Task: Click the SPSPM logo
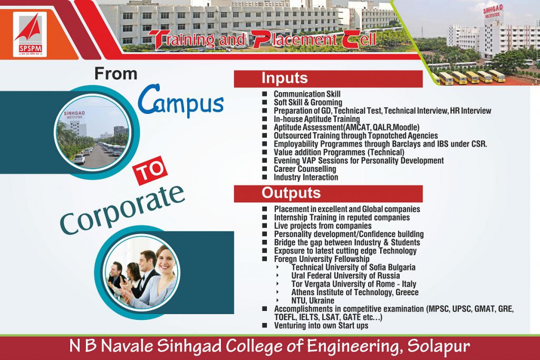tap(30, 34)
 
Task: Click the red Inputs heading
tap(328, 79)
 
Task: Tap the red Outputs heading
tap(328, 193)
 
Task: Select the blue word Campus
tap(181, 101)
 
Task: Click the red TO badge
tap(150, 170)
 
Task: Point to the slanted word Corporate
tap(122, 210)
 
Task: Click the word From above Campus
tap(116, 74)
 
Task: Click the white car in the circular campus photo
tap(79, 158)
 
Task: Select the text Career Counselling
tap(305, 169)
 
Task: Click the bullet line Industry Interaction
tap(306, 177)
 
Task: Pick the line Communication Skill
tap(307, 94)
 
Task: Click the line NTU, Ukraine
tap(312, 300)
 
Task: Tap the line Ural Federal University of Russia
tap(345, 276)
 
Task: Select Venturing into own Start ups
tap(321, 326)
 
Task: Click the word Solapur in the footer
tap(439, 346)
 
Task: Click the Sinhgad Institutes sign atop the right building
tap(493, 13)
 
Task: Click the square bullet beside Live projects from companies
tap(265, 226)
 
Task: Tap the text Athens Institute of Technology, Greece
tap(355, 292)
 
